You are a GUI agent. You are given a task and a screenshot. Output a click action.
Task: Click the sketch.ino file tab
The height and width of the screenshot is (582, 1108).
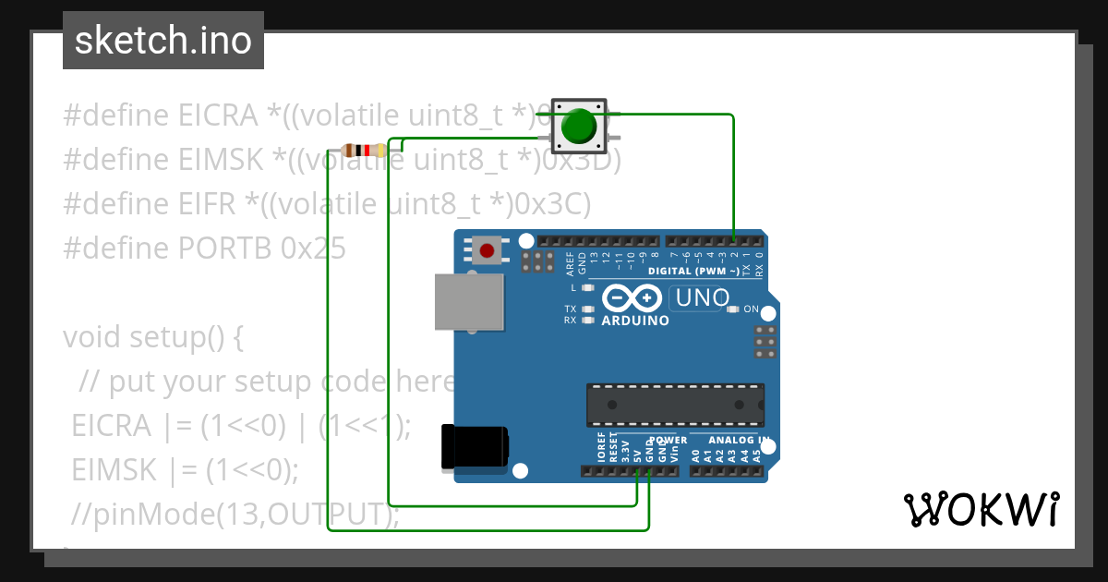click(x=163, y=41)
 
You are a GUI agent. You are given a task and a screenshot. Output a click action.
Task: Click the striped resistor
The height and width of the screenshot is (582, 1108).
click(x=363, y=151)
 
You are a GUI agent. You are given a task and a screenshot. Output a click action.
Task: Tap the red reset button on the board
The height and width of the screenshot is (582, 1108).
click(x=487, y=249)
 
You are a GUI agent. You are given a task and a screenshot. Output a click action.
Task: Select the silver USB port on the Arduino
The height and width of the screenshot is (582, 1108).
click(x=471, y=302)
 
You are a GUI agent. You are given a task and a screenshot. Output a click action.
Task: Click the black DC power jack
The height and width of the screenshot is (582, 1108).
click(x=475, y=446)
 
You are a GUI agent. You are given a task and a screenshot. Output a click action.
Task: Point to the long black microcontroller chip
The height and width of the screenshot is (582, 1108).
click(x=675, y=405)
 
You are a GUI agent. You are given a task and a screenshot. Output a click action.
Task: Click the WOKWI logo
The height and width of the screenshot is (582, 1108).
click(x=982, y=508)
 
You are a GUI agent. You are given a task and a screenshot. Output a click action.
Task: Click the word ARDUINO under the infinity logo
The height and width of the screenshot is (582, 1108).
click(x=635, y=321)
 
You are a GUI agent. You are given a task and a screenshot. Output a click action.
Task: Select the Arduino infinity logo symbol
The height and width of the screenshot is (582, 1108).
click(x=632, y=298)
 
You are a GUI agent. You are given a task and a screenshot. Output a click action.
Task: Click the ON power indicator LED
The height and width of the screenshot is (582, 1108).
click(x=733, y=309)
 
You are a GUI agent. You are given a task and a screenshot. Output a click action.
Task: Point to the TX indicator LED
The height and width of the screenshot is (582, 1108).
click(x=586, y=309)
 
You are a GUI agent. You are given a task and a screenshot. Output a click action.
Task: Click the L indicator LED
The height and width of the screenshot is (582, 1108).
click(x=586, y=288)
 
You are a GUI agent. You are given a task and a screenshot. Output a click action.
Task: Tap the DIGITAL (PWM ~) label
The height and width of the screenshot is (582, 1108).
click(x=692, y=271)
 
